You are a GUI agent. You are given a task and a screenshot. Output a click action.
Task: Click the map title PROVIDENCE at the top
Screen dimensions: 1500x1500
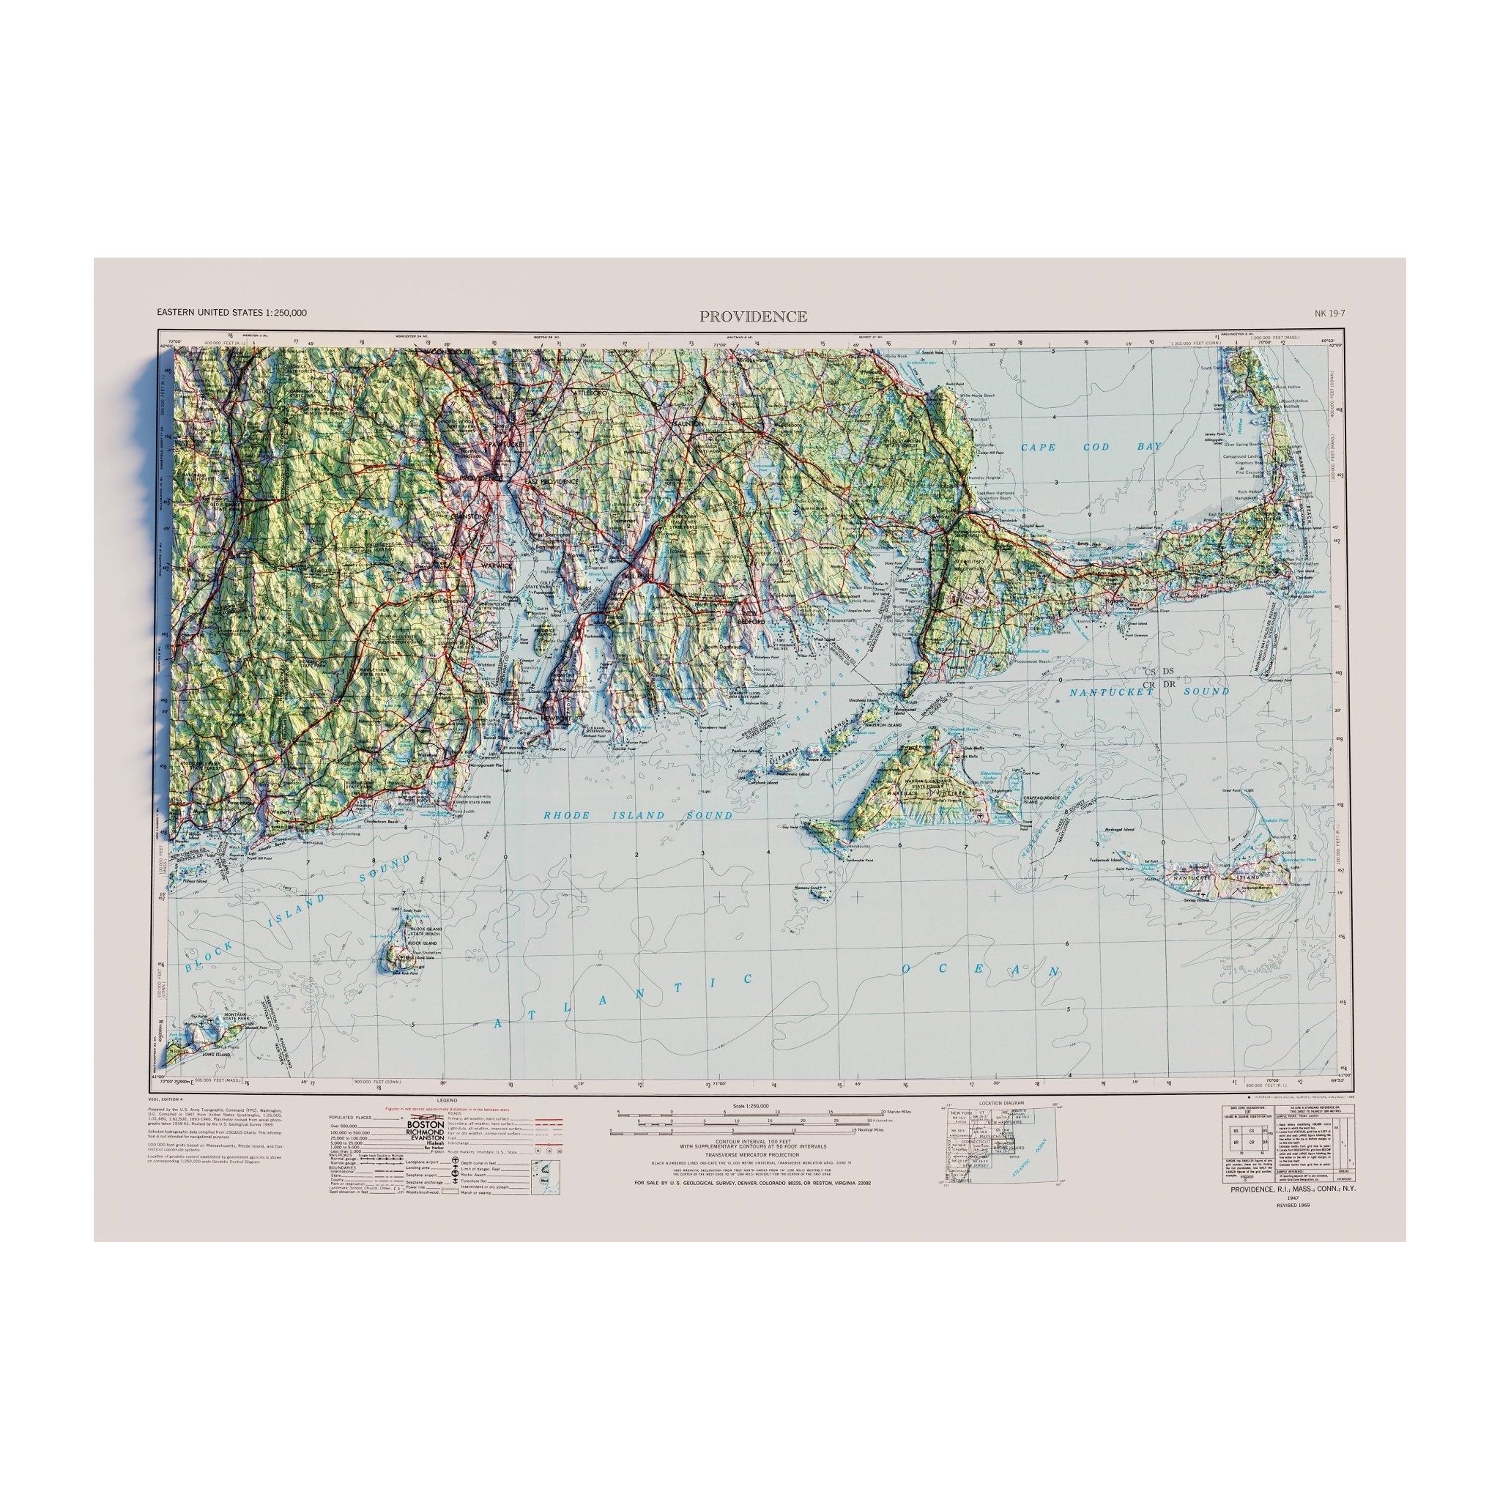click(752, 316)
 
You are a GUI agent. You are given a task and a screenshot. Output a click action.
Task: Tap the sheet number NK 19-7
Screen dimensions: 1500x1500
click(1329, 313)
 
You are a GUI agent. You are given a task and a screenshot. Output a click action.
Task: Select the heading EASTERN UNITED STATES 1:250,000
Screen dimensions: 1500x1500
click(231, 313)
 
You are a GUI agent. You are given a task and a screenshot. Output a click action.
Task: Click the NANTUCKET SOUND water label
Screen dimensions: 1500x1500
click(1149, 691)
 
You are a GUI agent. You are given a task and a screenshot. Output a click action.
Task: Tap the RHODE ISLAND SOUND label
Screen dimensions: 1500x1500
click(636, 815)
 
